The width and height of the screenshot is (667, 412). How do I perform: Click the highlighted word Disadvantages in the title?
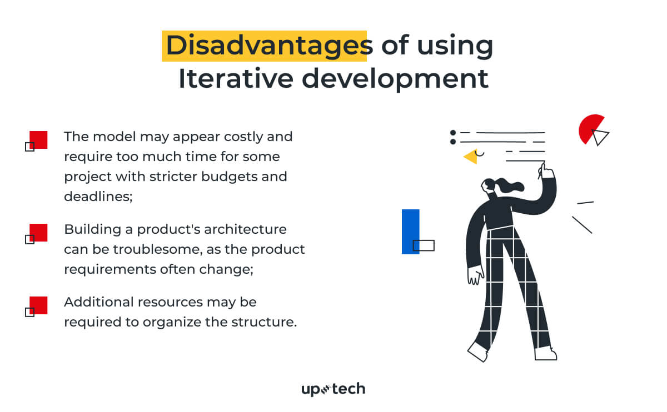pos(265,46)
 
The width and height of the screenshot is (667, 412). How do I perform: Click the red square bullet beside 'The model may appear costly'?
pos(38,139)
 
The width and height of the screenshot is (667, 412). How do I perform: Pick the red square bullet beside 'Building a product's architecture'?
pos(38,232)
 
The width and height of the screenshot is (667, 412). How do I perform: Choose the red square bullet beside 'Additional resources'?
pos(38,305)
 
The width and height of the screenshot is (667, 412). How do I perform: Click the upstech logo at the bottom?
pos(333,389)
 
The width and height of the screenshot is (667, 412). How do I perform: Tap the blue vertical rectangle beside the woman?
pos(410,231)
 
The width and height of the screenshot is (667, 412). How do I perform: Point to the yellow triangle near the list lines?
pos(471,157)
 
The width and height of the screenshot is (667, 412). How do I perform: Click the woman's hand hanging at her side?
pos(475,275)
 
